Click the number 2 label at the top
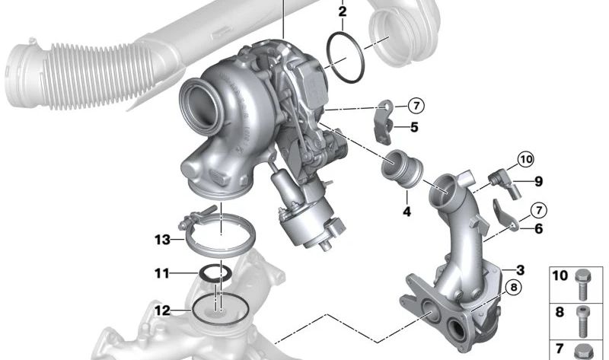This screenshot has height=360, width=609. click(342, 12)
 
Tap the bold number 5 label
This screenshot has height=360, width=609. click(414, 128)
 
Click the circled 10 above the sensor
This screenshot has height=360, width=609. click(526, 159)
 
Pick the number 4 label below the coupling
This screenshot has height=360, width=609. click(407, 212)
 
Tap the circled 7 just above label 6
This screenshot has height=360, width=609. click(537, 209)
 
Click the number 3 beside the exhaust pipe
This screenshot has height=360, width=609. click(520, 270)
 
